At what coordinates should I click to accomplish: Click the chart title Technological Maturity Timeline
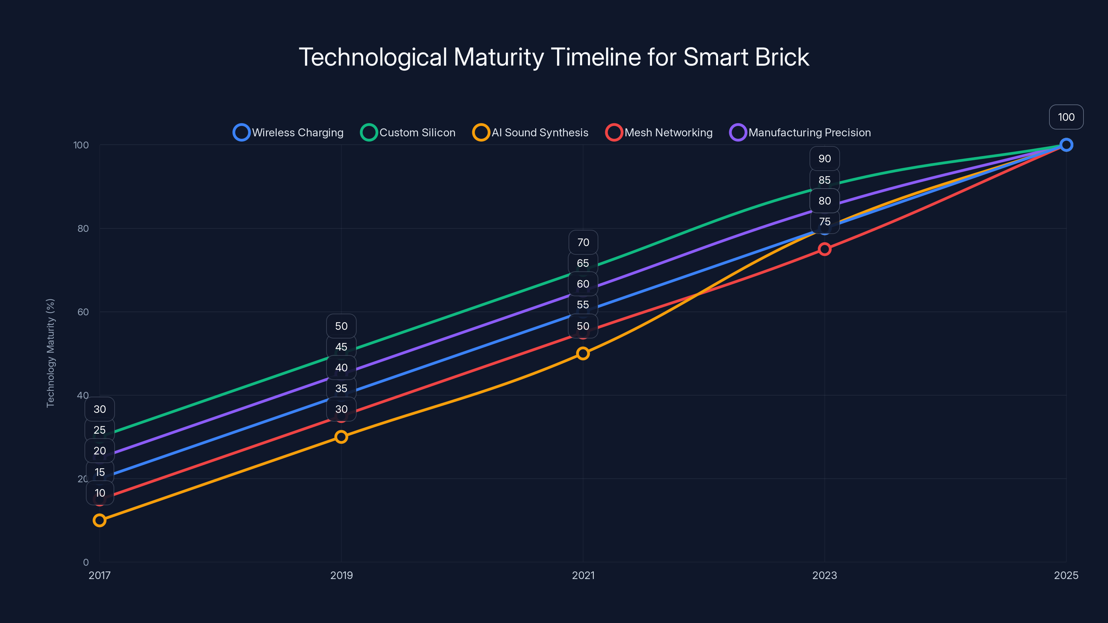coord(554,57)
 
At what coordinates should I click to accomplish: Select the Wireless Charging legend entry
coord(288,133)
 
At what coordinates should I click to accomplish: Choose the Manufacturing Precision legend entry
coord(800,133)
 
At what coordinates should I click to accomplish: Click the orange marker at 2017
coord(99,520)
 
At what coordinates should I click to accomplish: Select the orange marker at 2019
coord(341,437)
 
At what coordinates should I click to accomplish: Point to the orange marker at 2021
coord(583,353)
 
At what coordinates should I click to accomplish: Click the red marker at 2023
coord(824,249)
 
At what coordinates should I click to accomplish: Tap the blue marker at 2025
coord(1066,145)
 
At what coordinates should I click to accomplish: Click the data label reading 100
coord(1066,117)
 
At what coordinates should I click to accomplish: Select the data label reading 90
coord(824,159)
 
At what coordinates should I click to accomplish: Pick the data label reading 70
coord(583,243)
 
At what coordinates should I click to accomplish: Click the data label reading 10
coord(100,493)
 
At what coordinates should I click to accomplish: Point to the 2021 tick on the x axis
coord(583,575)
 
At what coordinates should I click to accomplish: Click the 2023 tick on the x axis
coord(824,575)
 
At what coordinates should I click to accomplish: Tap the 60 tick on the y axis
coord(83,312)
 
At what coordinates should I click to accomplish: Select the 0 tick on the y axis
coord(86,562)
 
